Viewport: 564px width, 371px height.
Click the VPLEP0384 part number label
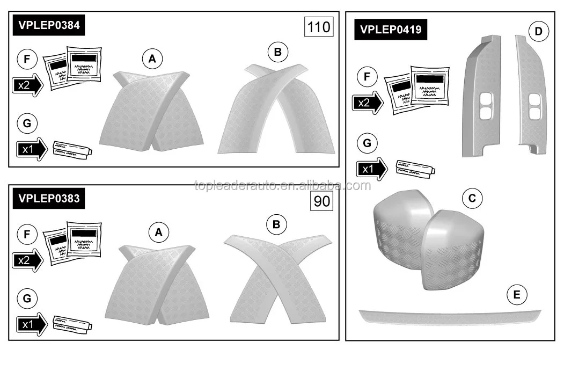pyautogui.click(x=48, y=26)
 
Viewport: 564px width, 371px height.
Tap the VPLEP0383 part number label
pyautogui.click(x=48, y=198)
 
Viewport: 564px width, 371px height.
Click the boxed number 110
pyautogui.click(x=319, y=26)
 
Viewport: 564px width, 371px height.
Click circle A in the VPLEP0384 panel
pyautogui.click(x=152, y=59)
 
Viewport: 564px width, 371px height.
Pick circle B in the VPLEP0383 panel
pyautogui.click(x=276, y=224)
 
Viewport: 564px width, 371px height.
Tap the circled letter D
pyautogui.click(x=538, y=32)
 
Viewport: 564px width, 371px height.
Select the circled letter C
pyautogui.click(x=472, y=198)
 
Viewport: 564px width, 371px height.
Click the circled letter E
pyautogui.click(x=517, y=294)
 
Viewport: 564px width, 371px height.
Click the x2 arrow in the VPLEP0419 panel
pyautogui.click(x=368, y=102)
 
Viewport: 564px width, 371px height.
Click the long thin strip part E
pyautogui.click(x=450, y=316)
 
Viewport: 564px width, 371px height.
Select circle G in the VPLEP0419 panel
pyautogui.click(x=367, y=143)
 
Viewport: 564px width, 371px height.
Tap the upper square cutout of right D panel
pyautogui.click(x=534, y=100)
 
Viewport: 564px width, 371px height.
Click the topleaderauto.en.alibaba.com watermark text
pyautogui.click(x=282, y=186)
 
